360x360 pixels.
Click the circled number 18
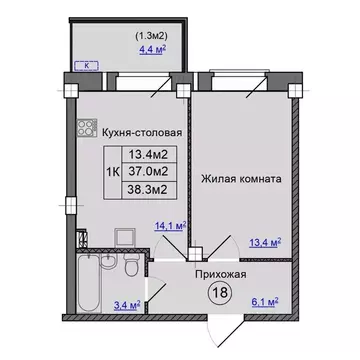pos(219,291)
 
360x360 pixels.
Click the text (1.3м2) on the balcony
pos(152,28)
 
